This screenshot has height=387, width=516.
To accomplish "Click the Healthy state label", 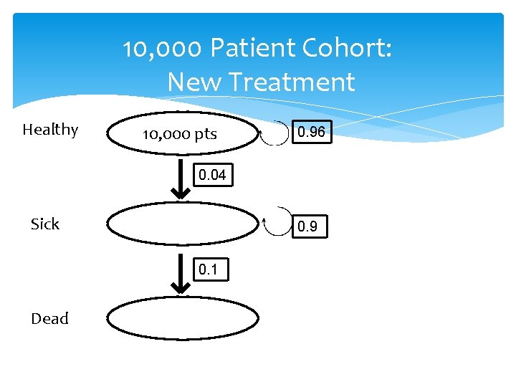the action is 50,130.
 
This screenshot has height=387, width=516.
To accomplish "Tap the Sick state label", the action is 45,224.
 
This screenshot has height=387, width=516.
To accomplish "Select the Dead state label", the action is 49,319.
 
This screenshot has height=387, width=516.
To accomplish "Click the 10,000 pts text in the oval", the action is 180,134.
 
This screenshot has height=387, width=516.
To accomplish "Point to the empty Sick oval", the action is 183,224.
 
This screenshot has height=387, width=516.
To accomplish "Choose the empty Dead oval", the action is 183,319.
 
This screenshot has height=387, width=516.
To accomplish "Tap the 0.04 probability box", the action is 211,175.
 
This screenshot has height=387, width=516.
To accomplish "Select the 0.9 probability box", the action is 308,226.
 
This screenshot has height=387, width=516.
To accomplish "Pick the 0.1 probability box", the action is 211,270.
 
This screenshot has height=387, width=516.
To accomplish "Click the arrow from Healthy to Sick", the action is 182,179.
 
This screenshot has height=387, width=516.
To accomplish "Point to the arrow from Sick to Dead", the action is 182,275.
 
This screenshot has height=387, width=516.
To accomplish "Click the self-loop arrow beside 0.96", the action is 274,133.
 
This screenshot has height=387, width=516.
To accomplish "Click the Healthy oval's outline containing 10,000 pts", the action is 109,134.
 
